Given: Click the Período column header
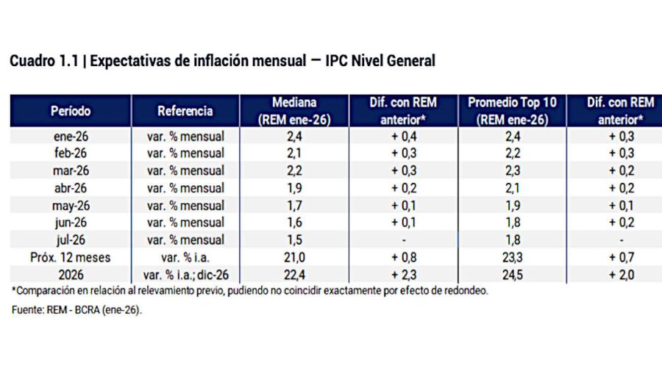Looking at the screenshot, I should tap(71, 112).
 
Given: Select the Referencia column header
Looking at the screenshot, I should tap(185, 112).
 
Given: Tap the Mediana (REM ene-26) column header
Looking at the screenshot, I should tap(294, 112).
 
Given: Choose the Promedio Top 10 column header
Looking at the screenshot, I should tap(513, 112).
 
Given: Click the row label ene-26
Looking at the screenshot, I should tap(71, 136).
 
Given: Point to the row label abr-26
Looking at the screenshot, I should tap(71, 187).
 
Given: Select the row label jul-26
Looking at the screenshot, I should tap(71, 239).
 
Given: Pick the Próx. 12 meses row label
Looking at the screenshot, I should tap(71, 257).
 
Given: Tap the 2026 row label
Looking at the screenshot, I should tap(71, 274).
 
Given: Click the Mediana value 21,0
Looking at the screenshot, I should tap(294, 257).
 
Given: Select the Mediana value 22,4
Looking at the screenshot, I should tap(294, 274).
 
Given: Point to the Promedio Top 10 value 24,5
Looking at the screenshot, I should tap(513, 274).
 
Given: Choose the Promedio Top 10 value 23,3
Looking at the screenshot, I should tap(513, 257).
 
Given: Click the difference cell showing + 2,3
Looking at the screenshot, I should tap(403, 274).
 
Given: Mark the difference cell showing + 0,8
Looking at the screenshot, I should tap(403, 257).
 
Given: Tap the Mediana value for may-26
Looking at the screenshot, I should tap(294, 205).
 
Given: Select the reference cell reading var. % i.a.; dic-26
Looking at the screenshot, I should tap(185, 274).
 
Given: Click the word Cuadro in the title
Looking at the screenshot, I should tap(32, 62).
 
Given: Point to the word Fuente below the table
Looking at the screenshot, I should tap(27, 311).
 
